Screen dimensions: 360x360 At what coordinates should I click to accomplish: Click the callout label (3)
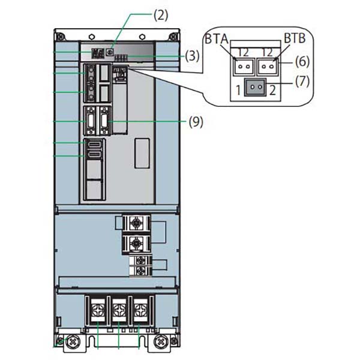(191, 57)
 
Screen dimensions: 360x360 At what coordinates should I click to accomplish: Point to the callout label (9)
(196, 122)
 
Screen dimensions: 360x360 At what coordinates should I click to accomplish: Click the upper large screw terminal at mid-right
(137, 223)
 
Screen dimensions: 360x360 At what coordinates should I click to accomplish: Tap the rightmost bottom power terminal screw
(141, 310)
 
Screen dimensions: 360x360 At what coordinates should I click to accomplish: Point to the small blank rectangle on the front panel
(142, 152)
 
